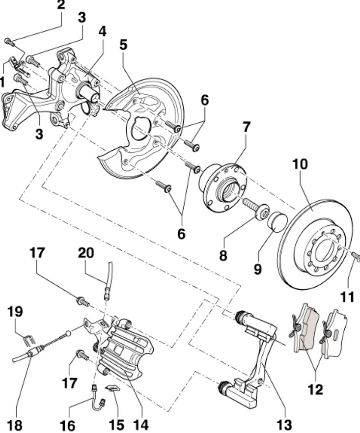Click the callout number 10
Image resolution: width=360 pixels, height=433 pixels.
coord(300,164)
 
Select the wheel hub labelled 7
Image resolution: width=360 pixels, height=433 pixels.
coord(222,188)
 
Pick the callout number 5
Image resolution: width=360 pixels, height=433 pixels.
coord(123,45)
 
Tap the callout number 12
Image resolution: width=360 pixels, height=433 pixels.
coord(315,389)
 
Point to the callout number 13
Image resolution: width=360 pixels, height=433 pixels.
coord(284,425)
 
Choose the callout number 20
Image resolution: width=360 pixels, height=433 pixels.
coord(86,253)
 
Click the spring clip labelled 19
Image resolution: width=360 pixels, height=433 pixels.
coord(28,340)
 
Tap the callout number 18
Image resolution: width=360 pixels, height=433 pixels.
coord(14,425)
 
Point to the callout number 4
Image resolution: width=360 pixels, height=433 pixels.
coord(102,32)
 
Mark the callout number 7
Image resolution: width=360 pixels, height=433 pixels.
coord(246,127)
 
